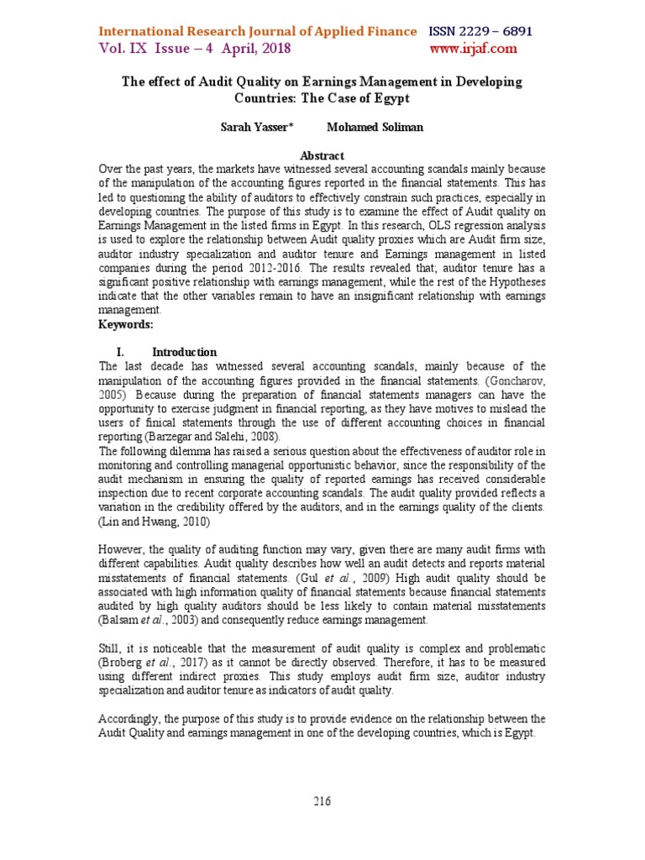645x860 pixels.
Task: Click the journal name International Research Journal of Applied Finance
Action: tap(257, 31)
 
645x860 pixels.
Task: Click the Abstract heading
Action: tap(322, 155)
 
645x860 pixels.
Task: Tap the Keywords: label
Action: tap(126, 324)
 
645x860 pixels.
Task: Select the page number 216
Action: tap(322, 801)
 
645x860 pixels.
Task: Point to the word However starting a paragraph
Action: tap(123, 550)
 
